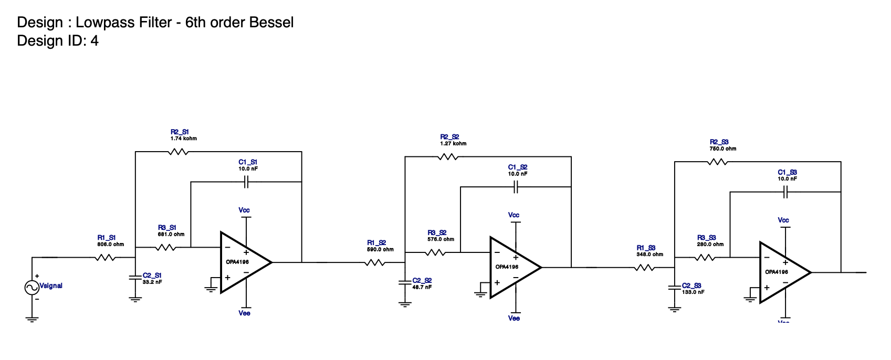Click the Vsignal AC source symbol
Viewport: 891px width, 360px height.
pyautogui.click(x=32, y=287)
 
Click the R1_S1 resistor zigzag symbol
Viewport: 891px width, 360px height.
pyautogui.click(x=106, y=258)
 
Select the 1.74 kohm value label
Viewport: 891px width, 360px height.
pyautogui.click(x=183, y=139)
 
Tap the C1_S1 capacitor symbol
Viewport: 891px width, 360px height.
pyautogui.click(x=246, y=182)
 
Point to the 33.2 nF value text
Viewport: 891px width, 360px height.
pyautogui.click(x=152, y=282)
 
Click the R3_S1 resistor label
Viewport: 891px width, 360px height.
pyautogui.click(x=167, y=228)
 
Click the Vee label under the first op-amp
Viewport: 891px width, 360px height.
pyautogui.click(x=244, y=313)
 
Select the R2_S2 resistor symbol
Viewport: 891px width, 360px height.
pyautogui.click(x=448, y=157)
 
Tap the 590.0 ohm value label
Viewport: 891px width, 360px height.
pyautogui.click(x=380, y=249)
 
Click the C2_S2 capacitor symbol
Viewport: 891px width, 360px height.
pyautogui.click(x=405, y=283)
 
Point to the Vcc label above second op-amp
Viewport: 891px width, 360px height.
pyautogui.click(x=513, y=215)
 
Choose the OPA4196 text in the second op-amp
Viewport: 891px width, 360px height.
pyautogui.click(x=507, y=267)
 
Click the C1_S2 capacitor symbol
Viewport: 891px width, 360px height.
pyautogui.click(x=516, y=187)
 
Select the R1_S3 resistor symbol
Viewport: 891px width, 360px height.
pyautogui.click(x=644, y=268)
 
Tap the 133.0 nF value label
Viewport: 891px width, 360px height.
pyautogui.click(x=693, y=292)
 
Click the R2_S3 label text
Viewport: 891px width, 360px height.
pyautogui.click(x=719, y=142)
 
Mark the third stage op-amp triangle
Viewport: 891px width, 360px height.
pyautogui.click(x=783, y=272)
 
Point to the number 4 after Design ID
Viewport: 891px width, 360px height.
pyautogui.click(x=95, y=41)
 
